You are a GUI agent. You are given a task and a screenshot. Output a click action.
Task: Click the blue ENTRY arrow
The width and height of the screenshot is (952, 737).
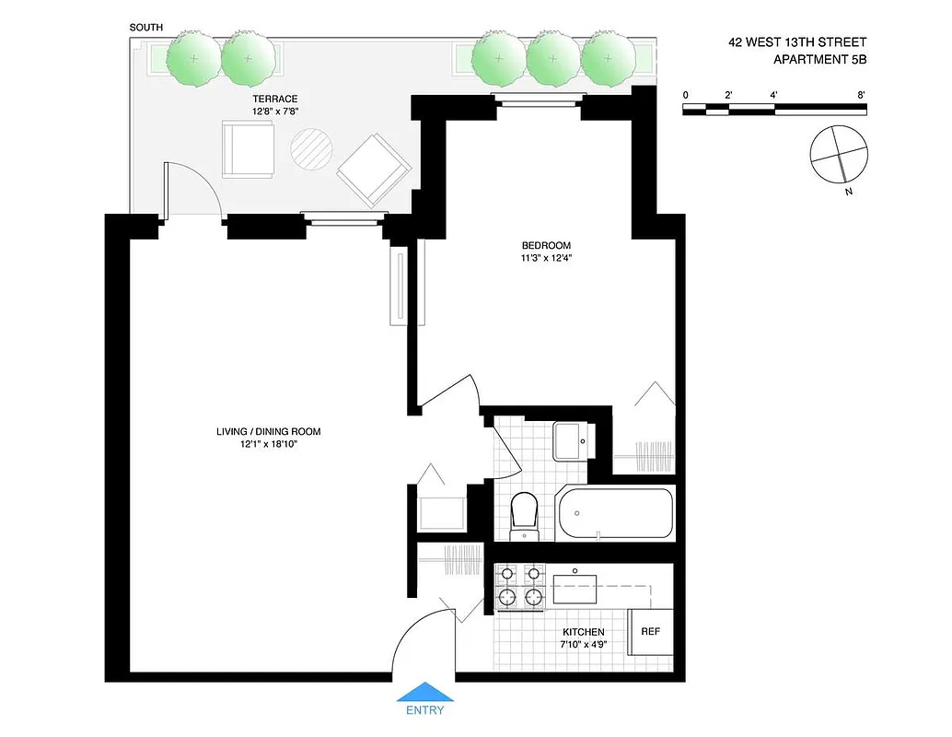(424, 693)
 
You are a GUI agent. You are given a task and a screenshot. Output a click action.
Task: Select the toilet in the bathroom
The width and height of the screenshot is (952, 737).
(523, 514)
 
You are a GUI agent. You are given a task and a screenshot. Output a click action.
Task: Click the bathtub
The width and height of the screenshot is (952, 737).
(615, 513)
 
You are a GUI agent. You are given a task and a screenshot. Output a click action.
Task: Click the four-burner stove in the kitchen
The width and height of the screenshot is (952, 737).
(521, 587)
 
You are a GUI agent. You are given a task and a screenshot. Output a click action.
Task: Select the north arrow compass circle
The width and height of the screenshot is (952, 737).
(839, 153)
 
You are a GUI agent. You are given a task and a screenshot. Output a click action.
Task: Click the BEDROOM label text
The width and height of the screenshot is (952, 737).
(546, 245)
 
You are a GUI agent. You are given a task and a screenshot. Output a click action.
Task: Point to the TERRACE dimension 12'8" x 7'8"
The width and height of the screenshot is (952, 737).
(276, 111)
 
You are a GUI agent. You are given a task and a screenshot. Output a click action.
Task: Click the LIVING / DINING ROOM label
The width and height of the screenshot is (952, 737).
(268, 431)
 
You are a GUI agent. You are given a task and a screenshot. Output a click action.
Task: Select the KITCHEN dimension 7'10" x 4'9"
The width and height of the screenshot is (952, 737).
(584, 646)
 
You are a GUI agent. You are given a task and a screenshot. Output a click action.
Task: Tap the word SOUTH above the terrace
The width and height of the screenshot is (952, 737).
(146, 28)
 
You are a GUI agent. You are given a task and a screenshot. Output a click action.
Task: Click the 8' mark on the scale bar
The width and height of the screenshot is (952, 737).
(861, 95)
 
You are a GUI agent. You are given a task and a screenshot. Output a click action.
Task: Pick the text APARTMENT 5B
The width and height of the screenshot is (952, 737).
(819, 61)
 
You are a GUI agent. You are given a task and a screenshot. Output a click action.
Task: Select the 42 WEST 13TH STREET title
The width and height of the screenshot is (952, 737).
(796, 42)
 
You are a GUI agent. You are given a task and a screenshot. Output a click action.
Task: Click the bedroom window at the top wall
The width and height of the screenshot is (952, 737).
(539, 98)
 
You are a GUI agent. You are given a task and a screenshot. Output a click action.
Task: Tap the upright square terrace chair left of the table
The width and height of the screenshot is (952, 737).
(248, 148)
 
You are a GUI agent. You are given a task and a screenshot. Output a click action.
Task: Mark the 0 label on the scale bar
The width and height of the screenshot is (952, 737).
(686, 95)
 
